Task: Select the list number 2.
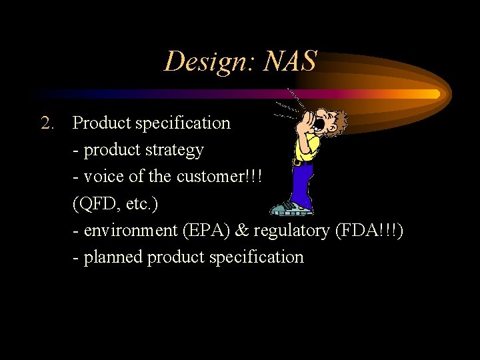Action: (x=47, y=123)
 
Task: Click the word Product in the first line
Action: (x=101, y=123)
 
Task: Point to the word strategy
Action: (x=173, y=151)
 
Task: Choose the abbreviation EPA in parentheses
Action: (x=202, y=230)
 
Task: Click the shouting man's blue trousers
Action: (x=304, y=183)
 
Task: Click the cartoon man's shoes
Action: (x=293, y=209)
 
